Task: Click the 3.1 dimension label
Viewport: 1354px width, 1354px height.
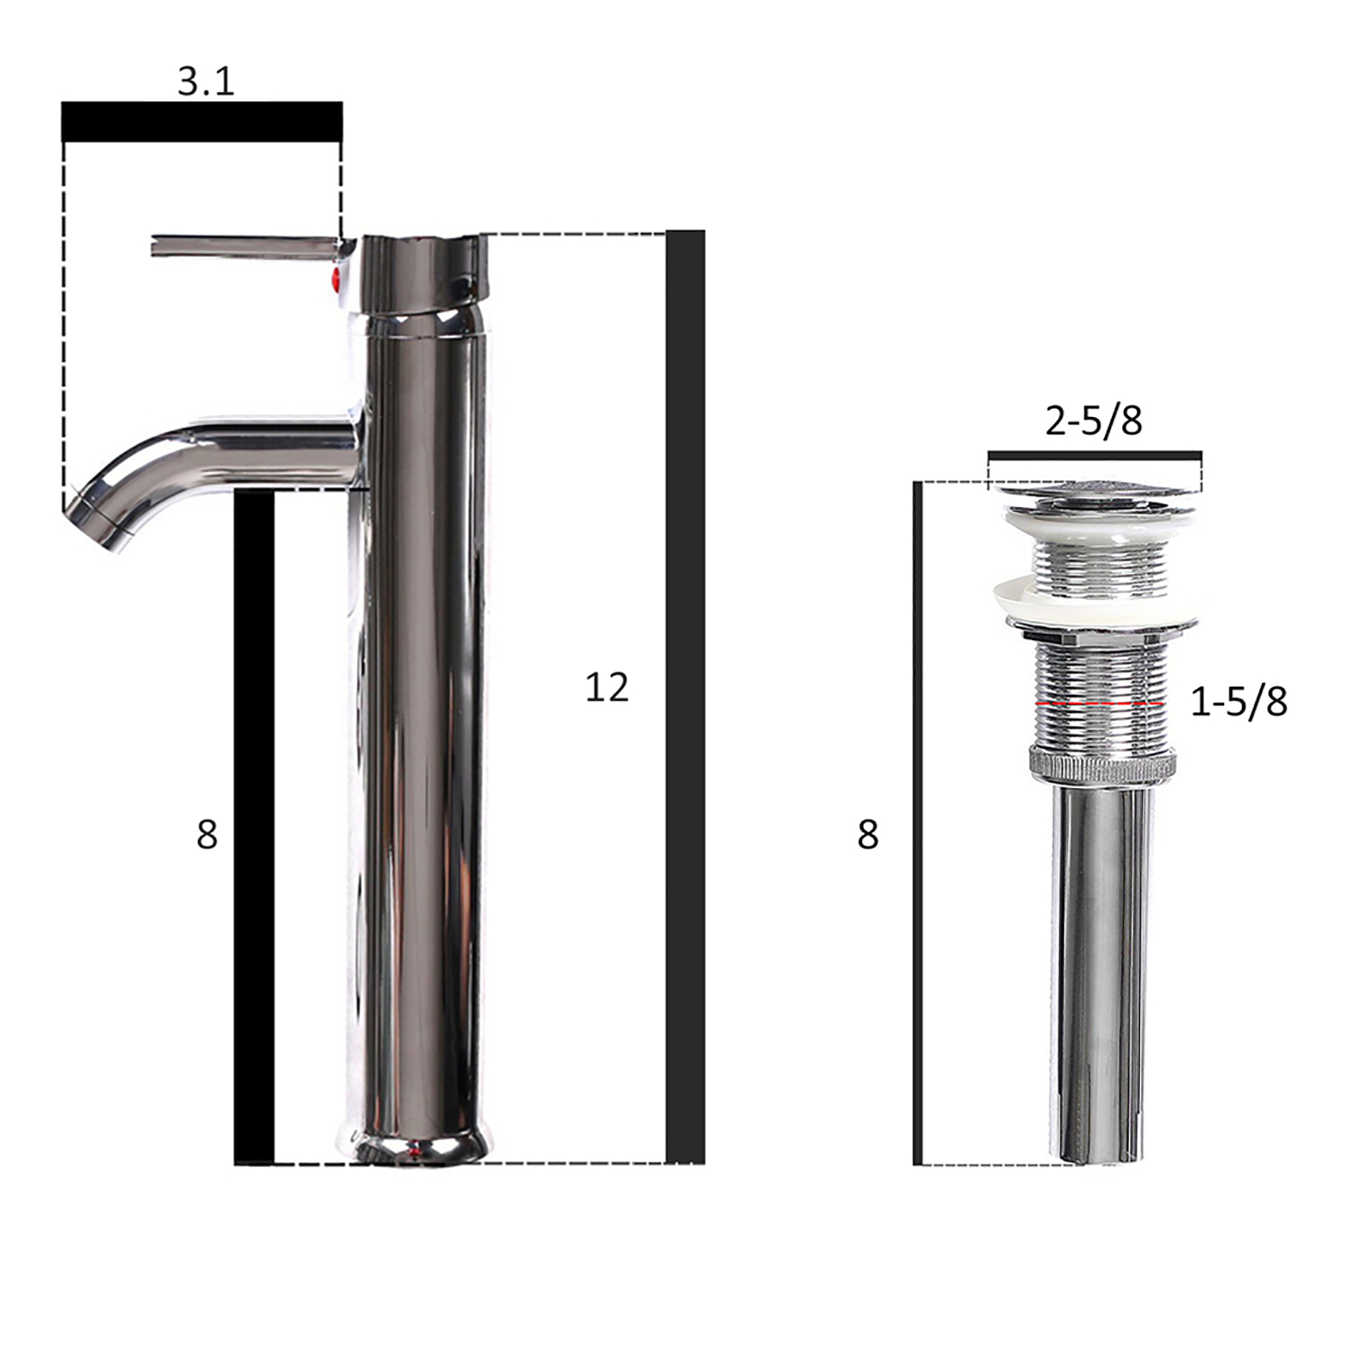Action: click(x=206, y=81)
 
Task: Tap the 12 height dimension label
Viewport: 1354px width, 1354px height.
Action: click(x=607, y=688)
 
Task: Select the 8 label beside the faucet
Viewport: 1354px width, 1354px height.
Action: click(x=207, y=835)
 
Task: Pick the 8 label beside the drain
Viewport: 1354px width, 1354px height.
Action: click(x=867, y=835)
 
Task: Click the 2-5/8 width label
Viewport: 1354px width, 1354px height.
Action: click(x=1094, y=421)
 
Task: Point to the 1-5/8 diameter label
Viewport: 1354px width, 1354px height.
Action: click(x=1239, y=701)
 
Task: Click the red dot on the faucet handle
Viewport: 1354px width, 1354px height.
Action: click(x=338, y=276)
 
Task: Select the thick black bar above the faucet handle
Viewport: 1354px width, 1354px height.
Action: click(x=202, y=122)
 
